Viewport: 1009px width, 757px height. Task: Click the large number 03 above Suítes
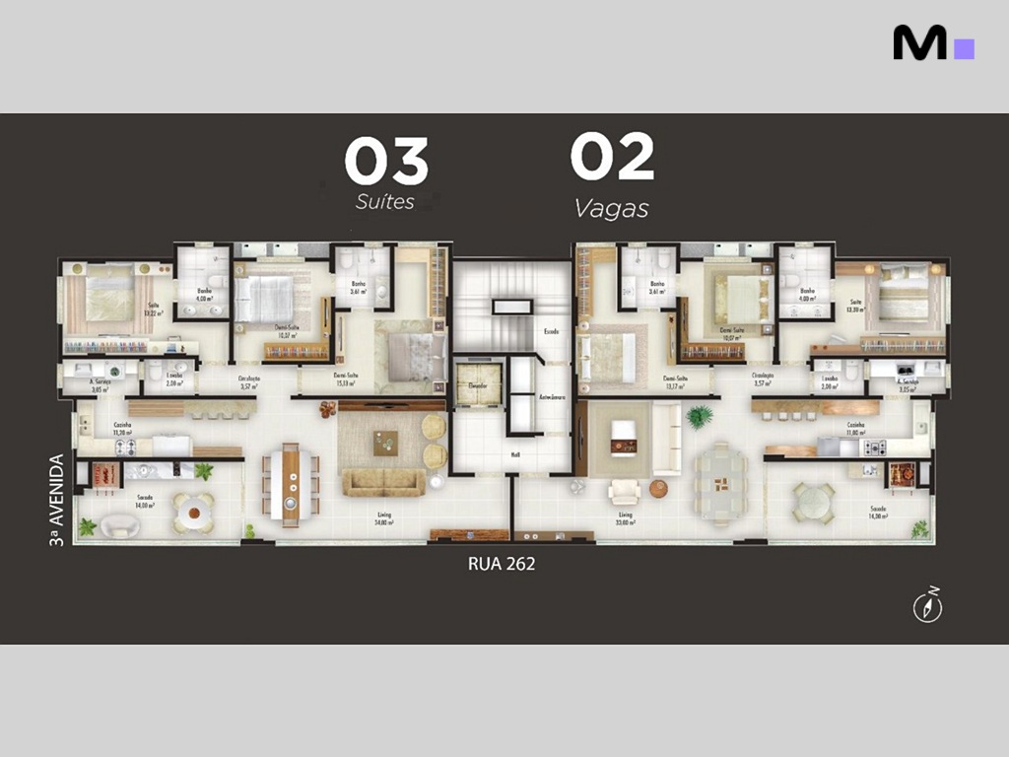(386, 162)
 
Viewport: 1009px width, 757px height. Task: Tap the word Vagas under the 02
(612, 209)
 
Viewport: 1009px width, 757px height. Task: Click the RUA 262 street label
(501, 565)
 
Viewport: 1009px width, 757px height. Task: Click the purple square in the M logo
(964, 48)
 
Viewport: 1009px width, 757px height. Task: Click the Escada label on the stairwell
(552, 332)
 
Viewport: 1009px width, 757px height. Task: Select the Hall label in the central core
(514, 454)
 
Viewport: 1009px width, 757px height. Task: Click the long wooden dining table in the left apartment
(291, 483)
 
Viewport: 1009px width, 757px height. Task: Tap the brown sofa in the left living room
(384, 482)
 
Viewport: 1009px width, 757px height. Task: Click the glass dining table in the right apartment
(722, 483)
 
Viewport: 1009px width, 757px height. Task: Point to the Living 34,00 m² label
(384, 517)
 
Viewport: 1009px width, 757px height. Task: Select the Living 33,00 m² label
(626, 517)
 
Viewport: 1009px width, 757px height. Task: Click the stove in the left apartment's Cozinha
(126, 447)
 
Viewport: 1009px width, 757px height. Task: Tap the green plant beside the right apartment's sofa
(700, 417)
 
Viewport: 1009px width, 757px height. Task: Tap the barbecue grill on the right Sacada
(902, 476)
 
